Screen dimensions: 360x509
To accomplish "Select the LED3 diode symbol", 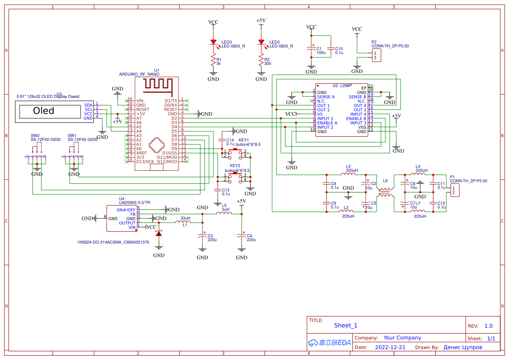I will pos(213,43).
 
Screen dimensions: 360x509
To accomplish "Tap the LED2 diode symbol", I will pos(261,43).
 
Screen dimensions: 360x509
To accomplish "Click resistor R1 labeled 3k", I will pos(213,60).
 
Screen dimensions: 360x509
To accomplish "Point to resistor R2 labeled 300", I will pos(261,60).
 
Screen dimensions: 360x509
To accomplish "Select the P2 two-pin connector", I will pos(376,55).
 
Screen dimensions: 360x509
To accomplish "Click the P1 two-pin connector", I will pos(455,190).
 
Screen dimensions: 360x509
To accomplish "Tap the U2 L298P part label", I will pos(342,86).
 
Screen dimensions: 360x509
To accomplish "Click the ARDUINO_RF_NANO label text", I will pos(137,74).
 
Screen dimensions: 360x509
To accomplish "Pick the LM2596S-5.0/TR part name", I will pos(135,202).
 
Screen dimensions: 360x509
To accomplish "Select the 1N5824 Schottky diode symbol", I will pos(159,234).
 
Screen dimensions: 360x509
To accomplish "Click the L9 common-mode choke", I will pos(385,192).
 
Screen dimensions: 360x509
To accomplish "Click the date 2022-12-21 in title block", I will pos(390,347).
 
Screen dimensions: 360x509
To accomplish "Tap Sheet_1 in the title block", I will pos(346,325).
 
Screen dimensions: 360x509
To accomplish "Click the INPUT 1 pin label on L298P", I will pos(325,118).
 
